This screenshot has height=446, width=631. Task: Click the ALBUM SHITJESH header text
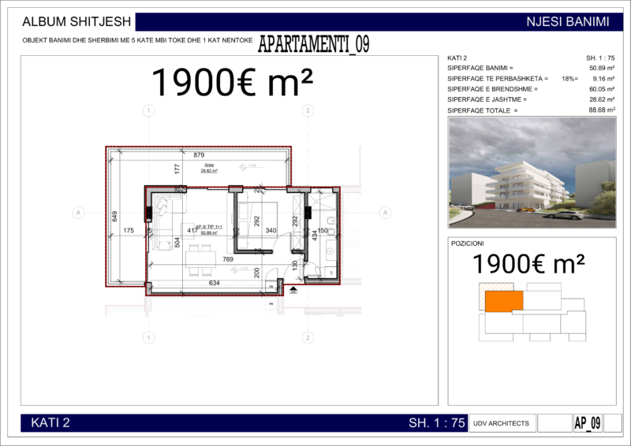coord(71,22)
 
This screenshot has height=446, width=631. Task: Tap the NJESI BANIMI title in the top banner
coord(567,22)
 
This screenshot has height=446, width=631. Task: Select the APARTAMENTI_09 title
coord(313,44)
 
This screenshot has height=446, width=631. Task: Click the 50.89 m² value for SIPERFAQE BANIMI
coord(602,69)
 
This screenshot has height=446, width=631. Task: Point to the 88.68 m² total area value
coord(602,110)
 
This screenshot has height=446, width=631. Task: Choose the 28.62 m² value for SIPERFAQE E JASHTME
coord(602,100)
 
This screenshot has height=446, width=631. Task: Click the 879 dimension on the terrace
coord(198,154)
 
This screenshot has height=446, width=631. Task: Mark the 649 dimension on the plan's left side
coord(114,216)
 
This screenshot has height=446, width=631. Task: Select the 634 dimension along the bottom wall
coord(214,284)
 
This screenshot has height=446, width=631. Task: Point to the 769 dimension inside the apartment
coord(228,259)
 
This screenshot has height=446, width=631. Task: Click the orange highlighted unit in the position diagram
coord(503,300)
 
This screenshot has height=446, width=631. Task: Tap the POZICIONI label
coord(468,243)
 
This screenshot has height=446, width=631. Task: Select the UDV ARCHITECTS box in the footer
coord(502,423)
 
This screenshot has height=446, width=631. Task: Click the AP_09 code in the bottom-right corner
coord(587,423)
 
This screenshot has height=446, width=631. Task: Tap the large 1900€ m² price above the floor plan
coord(232,81)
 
